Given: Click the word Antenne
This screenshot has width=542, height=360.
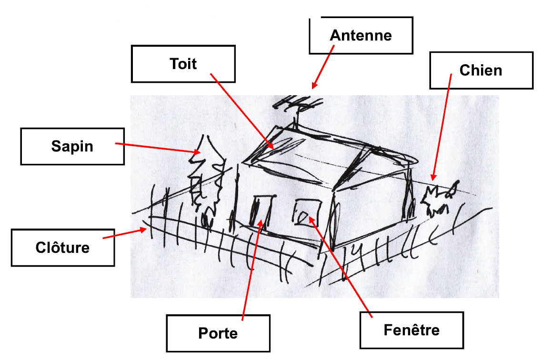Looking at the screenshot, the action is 361,35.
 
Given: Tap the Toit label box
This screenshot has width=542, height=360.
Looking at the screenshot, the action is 183,64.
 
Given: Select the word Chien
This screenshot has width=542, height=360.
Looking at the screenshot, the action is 481,70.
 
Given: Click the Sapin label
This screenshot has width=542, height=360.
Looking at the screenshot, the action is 72,147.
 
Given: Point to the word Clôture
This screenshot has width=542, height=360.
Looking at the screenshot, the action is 62,248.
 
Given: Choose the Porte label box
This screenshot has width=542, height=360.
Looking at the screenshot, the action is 218,333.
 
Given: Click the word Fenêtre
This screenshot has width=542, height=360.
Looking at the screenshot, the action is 412,330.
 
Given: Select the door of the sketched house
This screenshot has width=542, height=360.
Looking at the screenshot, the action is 262,211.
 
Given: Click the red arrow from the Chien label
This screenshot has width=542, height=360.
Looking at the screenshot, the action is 442,127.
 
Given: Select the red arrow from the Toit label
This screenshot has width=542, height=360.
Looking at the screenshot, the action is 242,111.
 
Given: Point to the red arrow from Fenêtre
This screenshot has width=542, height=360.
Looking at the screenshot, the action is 341,267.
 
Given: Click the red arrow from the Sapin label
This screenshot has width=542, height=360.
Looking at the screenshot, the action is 158,148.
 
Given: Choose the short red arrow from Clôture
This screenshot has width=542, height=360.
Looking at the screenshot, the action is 125,233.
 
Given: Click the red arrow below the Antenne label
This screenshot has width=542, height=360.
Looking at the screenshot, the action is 323,67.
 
